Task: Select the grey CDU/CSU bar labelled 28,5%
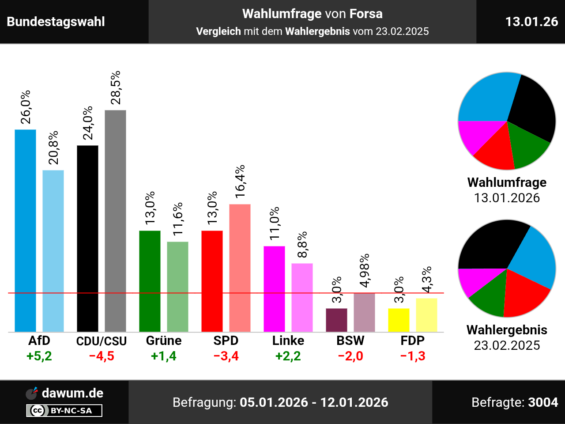[x=115, y=221]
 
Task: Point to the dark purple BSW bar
[x=336, y=320]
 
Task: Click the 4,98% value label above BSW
[x=365, y=270]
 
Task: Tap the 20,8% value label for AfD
[x=53, y=148]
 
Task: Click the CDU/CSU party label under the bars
[x=102, y=341]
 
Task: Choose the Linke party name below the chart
[x=288, y=341]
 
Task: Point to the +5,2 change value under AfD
[x=39, y=356]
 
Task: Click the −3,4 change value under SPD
[x=226, y=356]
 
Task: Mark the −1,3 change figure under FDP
[x=413, y=356]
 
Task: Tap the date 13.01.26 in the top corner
[x=531, y=22]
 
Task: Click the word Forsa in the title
[x=366, y=14]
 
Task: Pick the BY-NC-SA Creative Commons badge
[x=64, y=411]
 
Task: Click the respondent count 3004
[x=543, y=402]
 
